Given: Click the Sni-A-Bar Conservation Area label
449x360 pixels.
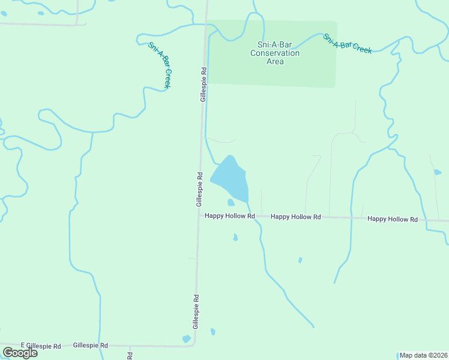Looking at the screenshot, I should (x=274, y=53).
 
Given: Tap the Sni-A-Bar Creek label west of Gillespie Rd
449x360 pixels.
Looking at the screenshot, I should (x=160, y=66).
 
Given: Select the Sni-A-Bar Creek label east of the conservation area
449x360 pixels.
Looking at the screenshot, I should (x=348, y=43).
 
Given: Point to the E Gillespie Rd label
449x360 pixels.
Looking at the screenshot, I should (x=41, y=346).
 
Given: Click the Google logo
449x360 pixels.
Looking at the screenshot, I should (x=20, y=352).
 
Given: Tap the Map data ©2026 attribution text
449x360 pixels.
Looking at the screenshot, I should (x=423, y=355).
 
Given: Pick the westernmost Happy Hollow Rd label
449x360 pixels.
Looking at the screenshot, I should (x=230, y=216).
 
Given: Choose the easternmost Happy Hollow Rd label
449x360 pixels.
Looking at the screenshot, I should (x=393, y=220).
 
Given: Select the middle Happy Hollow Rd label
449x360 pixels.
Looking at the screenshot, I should (x=295, y=217).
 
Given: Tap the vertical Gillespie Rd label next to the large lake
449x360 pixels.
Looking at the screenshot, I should (x=199, y=189).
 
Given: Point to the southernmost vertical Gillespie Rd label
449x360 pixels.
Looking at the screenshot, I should (x=196, y=311).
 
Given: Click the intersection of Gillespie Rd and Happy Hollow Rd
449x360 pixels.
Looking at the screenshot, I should (x=199, y=216).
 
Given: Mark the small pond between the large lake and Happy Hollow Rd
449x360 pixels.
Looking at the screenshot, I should (x=231, y=203).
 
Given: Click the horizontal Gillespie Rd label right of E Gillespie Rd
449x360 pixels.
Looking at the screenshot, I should (x=91, y=346).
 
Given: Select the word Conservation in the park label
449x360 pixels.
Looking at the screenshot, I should (x=274, y=53).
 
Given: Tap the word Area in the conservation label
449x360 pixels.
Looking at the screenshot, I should (x=274, y=61).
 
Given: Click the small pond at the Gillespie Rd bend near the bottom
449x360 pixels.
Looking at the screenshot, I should (x=187, y=339).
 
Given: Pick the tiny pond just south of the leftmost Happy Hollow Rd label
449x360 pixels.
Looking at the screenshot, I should (x=235, y=238).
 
